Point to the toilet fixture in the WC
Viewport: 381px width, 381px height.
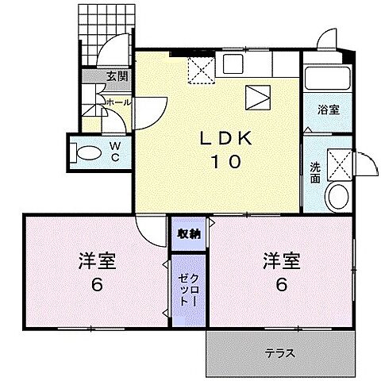click(84, 150)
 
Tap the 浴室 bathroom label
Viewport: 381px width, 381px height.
click(329, 110)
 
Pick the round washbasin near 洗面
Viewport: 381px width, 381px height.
click(337, 197)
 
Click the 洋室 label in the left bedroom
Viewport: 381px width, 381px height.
click(94, 260)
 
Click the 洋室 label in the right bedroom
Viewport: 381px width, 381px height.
click(279, 260)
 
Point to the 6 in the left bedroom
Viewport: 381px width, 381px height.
click(94, 285)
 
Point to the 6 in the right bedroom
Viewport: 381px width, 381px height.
click(279, 285)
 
